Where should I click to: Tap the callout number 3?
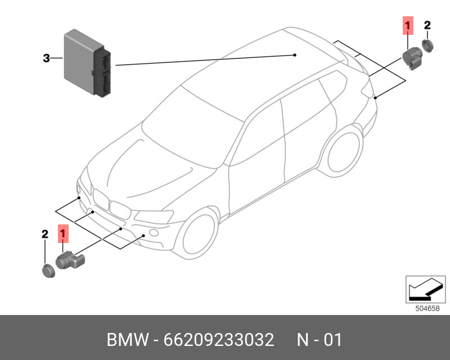pyautogui.click(x=47, y=58)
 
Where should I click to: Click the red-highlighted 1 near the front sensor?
pyautogui.click(x=64, y=232)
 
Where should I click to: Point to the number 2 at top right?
pyautogui.click(x=427, y=25)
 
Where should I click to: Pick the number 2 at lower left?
pyautogui.click(x=45, y=234)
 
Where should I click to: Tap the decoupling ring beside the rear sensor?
pyautogui.click(x=428, y=46)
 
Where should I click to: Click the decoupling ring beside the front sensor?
pyautogui.click(x=47, y=270)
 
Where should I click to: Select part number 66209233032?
pyautogui.click(x=219, y=340)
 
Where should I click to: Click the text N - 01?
pyautogui.click(x=319, y=340)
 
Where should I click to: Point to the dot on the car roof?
pyautogui.click(x=295, y=55)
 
